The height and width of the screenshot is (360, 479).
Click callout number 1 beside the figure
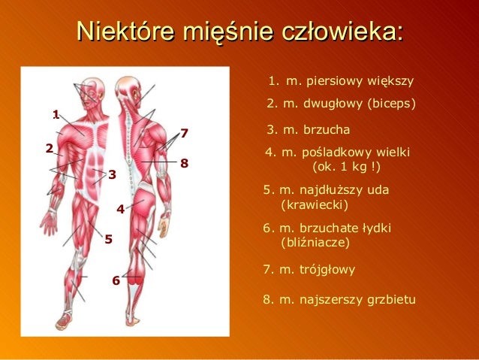pyautogui.click(x=56, y=114)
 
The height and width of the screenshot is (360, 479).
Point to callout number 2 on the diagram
pyautogui.click(x=49, y=148)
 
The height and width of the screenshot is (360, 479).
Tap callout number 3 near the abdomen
pyautogui.click(x=111, y=175)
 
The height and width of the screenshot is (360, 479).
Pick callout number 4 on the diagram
pyautogui.click(x=119, y=208)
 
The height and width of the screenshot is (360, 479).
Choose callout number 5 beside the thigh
pyautogui.click(x=108, y=240)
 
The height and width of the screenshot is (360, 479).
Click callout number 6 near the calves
pyautogui.click(x=116, y=280)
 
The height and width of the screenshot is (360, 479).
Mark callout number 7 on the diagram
pyautogui.click(x=184, y=134)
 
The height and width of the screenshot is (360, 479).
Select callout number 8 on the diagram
pyautogui.click(x=184, y=162)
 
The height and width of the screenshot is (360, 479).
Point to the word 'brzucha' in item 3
pyautogui.click(x=327, y=130)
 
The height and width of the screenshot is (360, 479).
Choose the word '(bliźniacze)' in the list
pyautogui.click(x=314, y=243)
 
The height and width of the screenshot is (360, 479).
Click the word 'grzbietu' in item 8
pyautogui.click(x=389, y=299)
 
